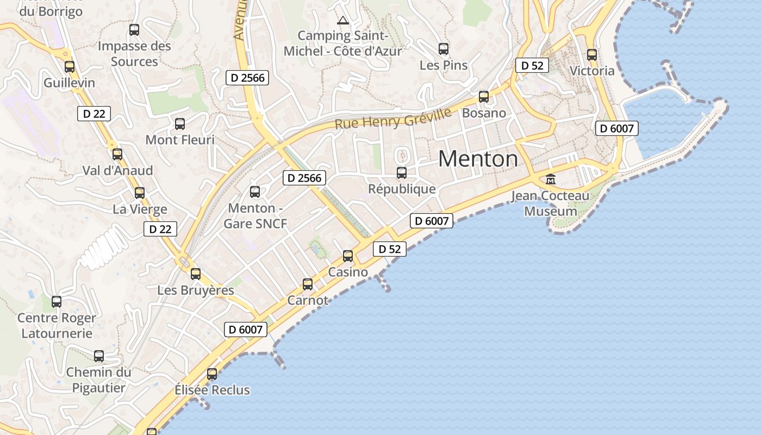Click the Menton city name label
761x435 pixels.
coord(478,159)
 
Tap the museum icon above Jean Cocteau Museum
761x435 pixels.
coord(551,179)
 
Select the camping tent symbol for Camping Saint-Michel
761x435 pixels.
coord(342,21)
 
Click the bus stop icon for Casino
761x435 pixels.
coord(348,256)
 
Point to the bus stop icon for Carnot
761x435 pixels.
coord(308,284)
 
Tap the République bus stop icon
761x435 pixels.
coord(402,173)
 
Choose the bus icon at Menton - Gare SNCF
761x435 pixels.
coord(255,191)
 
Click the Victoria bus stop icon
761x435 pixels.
coord(592,55)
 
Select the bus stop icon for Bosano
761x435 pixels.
coord(484,97)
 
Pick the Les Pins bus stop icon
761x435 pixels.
coord(444,49)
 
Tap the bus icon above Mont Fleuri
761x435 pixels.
coord(180,124)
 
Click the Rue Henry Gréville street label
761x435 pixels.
coord(392,119)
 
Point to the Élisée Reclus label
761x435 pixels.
coord(212,390)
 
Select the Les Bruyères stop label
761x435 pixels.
coord(196,290)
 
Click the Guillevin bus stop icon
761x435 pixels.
coord(70,67)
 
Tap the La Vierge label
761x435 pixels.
coord(140,209)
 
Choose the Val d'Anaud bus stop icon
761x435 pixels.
coord(117,154)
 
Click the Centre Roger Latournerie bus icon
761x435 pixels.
coord(57,302)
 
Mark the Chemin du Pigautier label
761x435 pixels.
coord(99,380)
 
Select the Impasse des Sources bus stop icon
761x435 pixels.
coord(134,30)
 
